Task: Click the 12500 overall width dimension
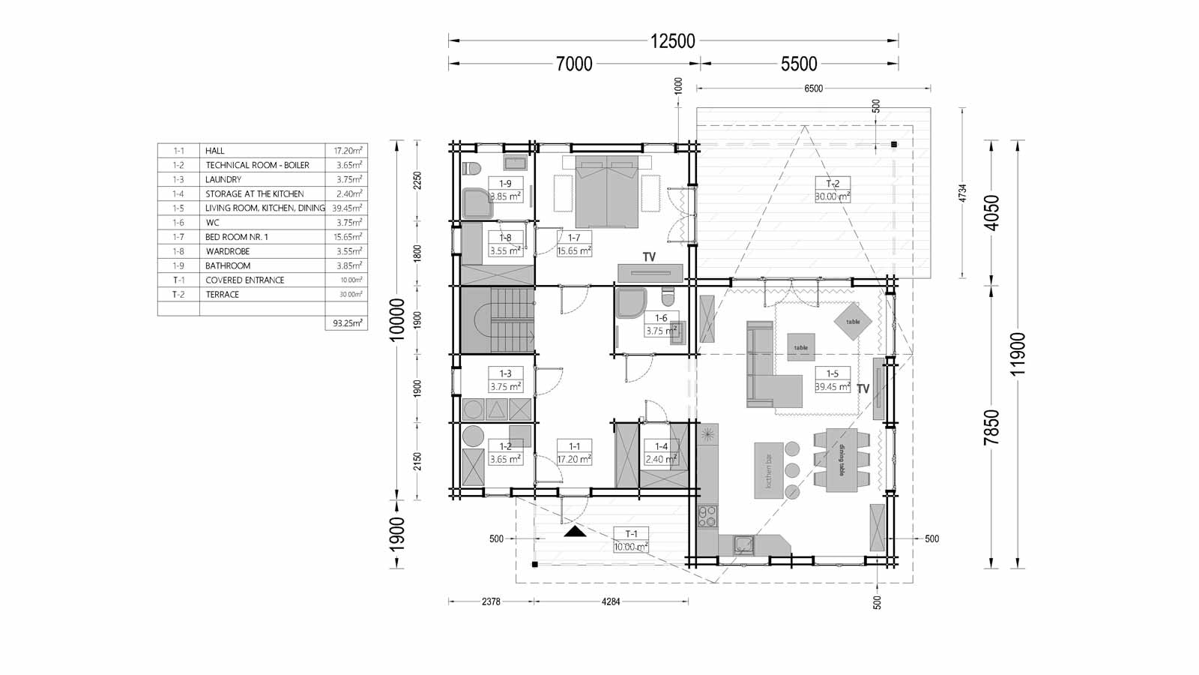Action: (673, 41)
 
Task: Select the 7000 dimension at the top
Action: (574, 64)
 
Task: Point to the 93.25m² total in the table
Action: (346, 323)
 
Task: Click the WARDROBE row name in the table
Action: (228, 251)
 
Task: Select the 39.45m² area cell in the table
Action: (346, 208)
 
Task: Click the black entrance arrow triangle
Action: (575, 532)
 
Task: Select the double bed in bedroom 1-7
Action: (607, 191)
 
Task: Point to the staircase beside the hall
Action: (497, 319)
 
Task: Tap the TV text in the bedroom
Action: (649, 257)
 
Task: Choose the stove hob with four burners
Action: (707, 515)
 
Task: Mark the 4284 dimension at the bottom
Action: (611, 601)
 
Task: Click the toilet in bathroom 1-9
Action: (471, 167)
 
